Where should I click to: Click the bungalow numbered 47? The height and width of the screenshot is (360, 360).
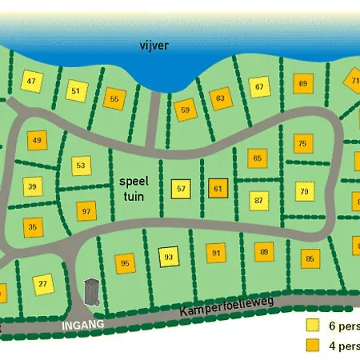click(33, 82)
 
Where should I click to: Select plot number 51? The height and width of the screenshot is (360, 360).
click(76, 90)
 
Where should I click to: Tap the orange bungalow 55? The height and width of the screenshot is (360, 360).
click(114, 99)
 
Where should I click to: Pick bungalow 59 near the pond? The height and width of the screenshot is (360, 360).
click(186, 110)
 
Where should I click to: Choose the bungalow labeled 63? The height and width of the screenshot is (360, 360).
click(221, 99)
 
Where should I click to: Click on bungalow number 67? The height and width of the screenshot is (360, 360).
click(259, 86)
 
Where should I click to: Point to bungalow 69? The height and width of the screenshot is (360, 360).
click(302, 83)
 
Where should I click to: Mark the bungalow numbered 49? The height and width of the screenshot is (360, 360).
click(37, 141)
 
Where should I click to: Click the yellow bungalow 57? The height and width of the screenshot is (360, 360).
click(182, 189)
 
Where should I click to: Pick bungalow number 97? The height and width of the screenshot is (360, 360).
click(86, 211)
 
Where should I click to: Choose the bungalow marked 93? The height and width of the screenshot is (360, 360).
click(168, 257)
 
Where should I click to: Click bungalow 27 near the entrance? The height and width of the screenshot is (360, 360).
click(43, 283)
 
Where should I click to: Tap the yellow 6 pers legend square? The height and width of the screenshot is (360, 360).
click(312, 326)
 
